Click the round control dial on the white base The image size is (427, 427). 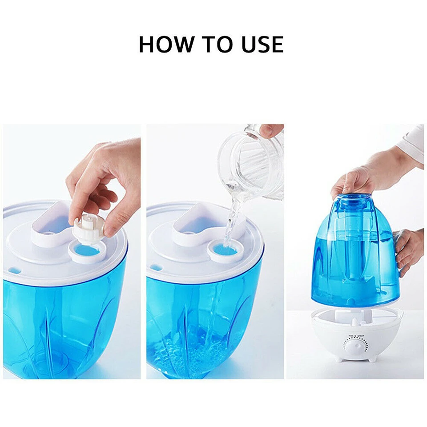pos(356,347)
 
